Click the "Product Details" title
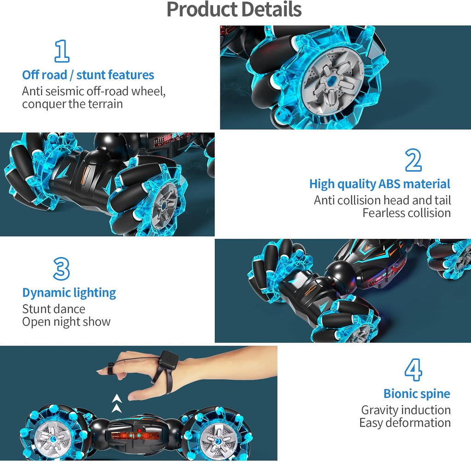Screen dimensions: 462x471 tap(234, 10)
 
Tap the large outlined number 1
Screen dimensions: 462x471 tap(62, 51)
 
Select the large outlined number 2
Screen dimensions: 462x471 tap(413, 161)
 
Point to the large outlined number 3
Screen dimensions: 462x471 tap(61, 269)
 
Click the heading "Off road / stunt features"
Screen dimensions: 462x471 tap(88, 75)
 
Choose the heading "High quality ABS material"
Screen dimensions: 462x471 tap(379, 184)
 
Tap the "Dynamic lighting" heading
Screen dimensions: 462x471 tap(69, 293)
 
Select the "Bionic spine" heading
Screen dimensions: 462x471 tap(417, 394)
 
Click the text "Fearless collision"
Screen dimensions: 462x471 tap(406, 213)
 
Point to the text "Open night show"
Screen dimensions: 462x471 tap(66, 321)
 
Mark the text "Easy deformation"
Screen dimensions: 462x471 tap(405, 423)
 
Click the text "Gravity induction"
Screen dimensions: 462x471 tap(406, 410)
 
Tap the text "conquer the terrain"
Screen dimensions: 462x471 tap(72, 104)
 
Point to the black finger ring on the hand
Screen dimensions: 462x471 tap(110, 367)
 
